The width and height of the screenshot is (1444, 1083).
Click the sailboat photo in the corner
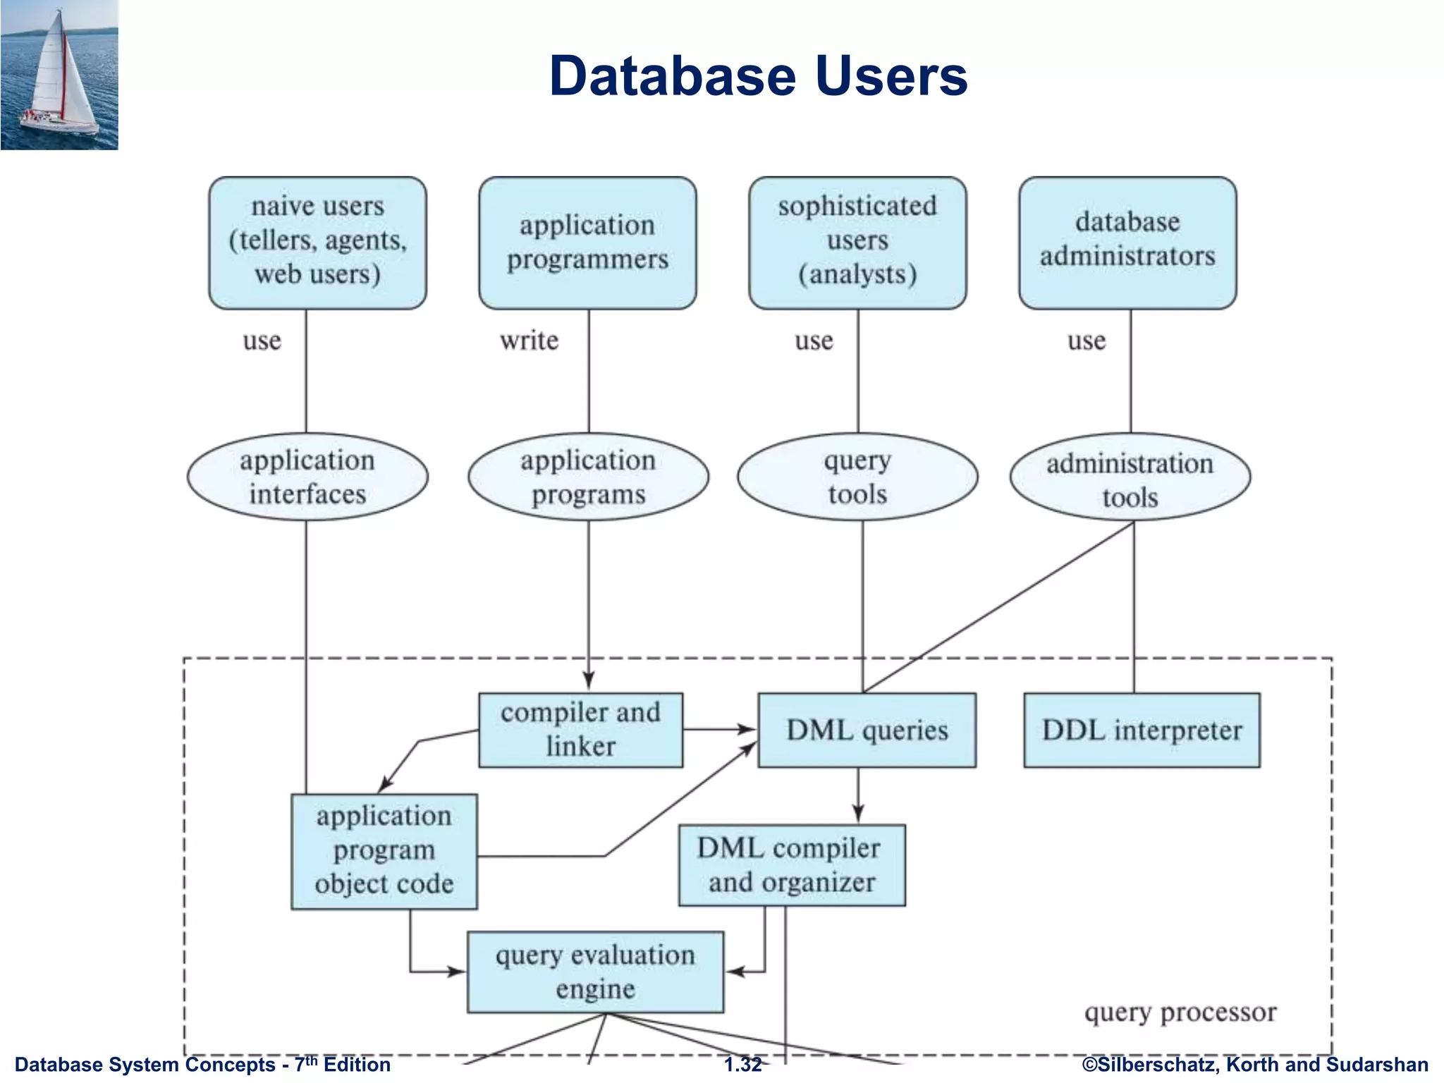[59, 75]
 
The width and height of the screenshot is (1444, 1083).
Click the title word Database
[674, 76]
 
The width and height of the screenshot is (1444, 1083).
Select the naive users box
[317, 243]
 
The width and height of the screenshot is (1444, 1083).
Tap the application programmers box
[587, 243]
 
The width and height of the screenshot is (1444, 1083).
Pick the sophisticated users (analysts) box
[857, 243]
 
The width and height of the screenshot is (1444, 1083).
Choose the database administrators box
[1127, 243]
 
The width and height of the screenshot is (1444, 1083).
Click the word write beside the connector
[529, 341]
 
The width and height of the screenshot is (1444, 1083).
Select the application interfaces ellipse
[307, 477]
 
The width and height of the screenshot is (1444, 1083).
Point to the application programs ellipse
[588, 477]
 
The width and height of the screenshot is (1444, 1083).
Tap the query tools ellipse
[857, 477]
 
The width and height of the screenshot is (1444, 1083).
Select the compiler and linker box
[580, 730]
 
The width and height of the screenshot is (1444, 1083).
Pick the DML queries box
[867, 730]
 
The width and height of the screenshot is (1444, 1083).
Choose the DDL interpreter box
[1142, 730]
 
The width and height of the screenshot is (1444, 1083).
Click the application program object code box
[384, 851]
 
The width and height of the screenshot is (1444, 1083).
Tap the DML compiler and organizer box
[791, 865]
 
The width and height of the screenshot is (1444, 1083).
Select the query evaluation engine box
[595, 972]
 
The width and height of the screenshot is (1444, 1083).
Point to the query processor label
[1180, 1012]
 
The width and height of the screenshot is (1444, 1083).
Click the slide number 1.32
[742, 1065]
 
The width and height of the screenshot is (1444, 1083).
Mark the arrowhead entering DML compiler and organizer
[858, 816]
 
